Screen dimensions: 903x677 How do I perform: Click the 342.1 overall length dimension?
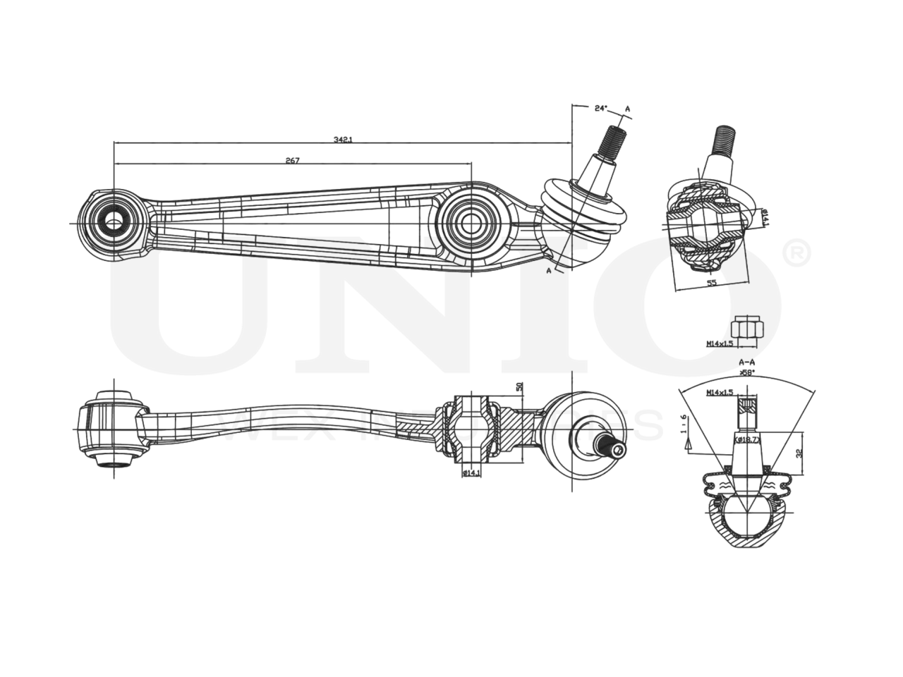point(343,140)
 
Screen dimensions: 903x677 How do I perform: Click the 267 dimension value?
point(292,161)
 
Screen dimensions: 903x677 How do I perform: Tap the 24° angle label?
point(600,108)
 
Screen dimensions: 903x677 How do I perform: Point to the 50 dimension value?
point(519,387)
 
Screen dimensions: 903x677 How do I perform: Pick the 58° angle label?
point(747,371)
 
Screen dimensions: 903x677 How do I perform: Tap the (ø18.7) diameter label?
point(747,439)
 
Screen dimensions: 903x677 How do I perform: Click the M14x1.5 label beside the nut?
point(720,344)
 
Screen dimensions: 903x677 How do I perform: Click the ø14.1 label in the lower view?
point(471,473)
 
